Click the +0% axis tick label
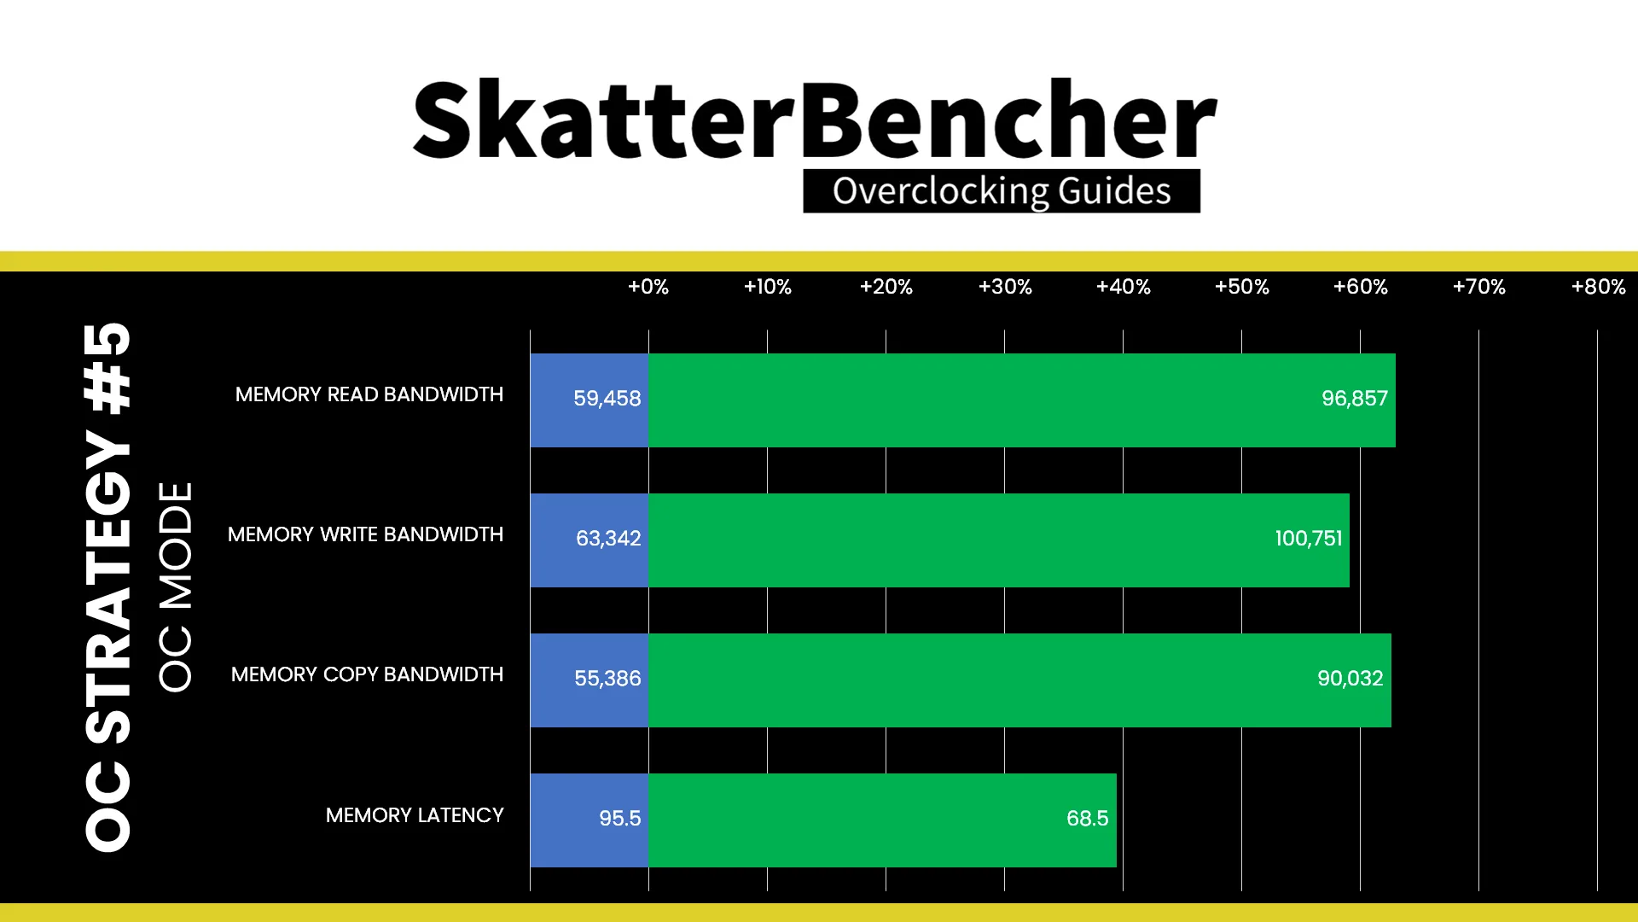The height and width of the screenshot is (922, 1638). (648, 287)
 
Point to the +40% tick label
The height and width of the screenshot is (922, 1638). (1124, 287)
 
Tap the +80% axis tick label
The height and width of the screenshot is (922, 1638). (1599, 287)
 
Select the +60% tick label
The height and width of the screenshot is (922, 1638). (1361, 287)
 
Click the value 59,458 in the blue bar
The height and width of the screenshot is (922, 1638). (607, 399)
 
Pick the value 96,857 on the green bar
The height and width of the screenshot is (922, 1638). (1355, 399)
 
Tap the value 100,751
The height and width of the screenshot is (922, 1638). (1309, 539)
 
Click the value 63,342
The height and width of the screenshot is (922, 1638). (608, 539)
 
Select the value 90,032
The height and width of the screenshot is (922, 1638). (1350, 679)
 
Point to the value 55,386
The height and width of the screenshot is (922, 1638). (607, 679)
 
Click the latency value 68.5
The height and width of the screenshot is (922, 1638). (1088, 819)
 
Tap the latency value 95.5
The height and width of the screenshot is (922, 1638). (620, 819)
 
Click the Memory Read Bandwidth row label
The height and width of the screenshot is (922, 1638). (369, 394)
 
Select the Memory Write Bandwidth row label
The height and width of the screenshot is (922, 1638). (365, 534)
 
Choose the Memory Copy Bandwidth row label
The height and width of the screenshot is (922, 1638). (367, 674)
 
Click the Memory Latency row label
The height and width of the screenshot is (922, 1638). (415, 815)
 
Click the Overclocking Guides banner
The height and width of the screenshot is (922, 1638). (1002, 191)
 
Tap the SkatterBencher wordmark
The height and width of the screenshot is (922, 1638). (815, 120)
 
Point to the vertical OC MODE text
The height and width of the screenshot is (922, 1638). (176, 586)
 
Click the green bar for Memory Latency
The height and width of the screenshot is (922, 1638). (882, 820)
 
